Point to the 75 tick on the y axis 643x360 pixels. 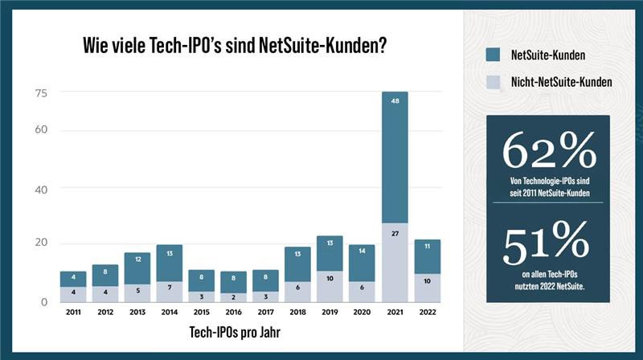41,93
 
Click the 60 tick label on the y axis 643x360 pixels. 41,131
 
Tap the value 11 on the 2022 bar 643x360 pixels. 428,246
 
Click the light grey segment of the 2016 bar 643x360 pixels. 233,297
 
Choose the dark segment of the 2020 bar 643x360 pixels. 362,263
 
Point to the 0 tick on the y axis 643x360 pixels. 45,302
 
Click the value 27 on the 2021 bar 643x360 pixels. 395,234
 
